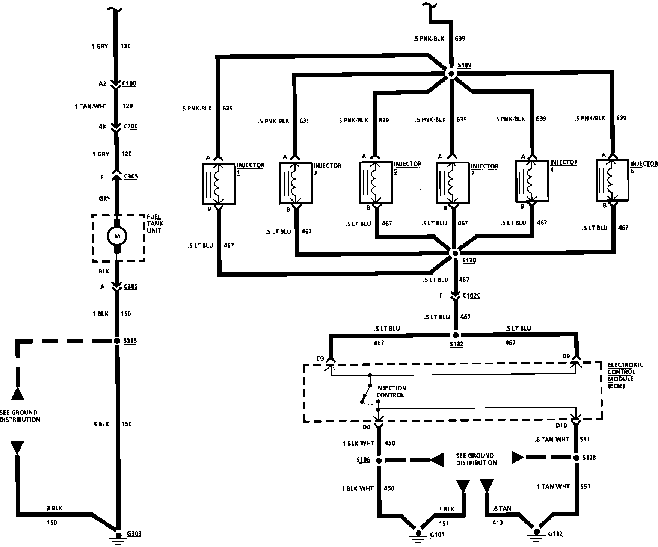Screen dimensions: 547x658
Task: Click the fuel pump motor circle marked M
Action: (117, 236)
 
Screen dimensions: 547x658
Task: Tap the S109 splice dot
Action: (451, 74)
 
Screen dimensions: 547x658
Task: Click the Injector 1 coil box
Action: (219, 184)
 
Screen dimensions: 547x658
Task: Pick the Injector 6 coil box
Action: (612, 180)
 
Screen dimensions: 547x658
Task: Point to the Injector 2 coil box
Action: (454, 183)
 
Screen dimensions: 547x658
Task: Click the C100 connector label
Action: (129, 83)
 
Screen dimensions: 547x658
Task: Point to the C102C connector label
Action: (471, 296)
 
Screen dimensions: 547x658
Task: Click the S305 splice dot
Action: (117, 341)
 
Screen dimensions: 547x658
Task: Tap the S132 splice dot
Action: (456, 335)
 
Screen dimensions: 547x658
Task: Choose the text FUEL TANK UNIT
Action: (155, 224)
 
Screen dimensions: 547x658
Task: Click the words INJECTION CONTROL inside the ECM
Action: (391, 391)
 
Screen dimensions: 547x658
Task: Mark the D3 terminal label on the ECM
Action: (320, 358)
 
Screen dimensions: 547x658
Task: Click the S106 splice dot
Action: (379, 460)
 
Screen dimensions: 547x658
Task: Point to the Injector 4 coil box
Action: (532, 181)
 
